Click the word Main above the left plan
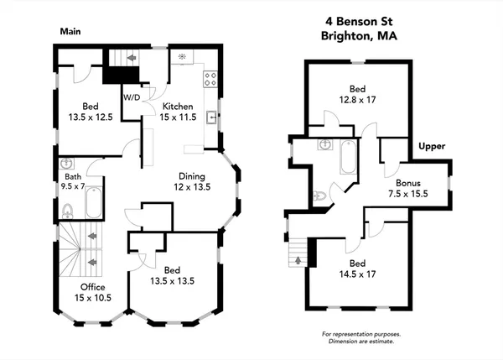click(70, 31)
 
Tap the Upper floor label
click(432, 146)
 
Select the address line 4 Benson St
click(357, 21)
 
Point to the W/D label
click(132, 97)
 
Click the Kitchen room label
click(178, 107)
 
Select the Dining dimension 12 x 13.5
click(193, 187)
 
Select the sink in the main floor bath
click(67, 164)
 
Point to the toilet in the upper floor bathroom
click(317, 196)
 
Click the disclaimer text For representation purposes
click(357, 335)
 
